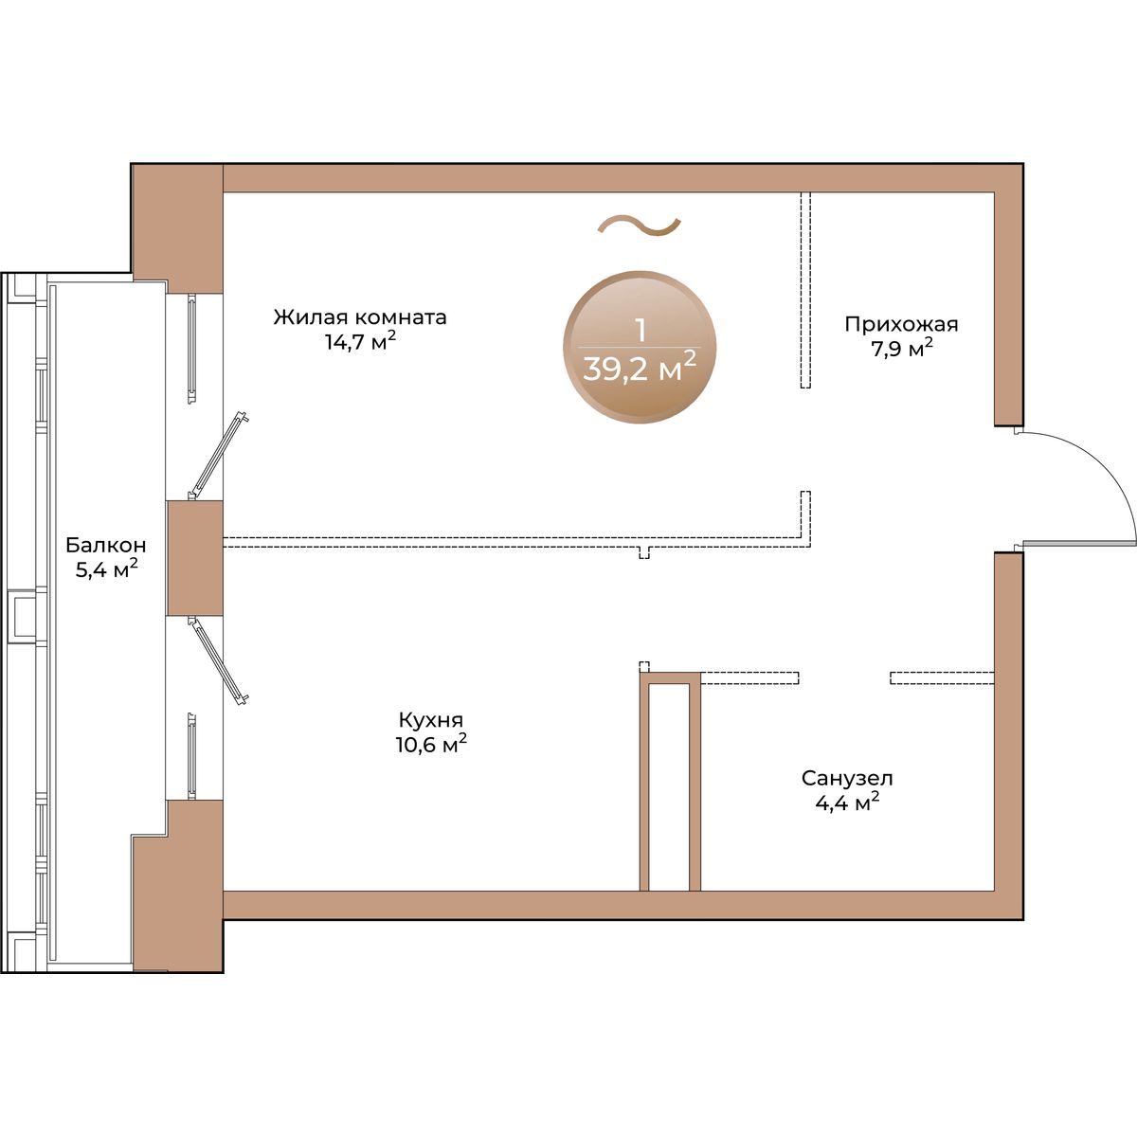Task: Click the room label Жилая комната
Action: click(x=360, y=317)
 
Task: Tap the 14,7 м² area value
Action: click(x=360, y=341)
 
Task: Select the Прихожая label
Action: click(x=902, y=325)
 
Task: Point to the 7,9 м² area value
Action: click(x=902, y=348)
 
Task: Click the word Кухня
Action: click(x=431, y=720)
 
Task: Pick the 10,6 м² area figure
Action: click(x=431, y=744)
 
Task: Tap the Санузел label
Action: click(x=847, y=779)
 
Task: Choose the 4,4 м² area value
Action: click(x=847, y=803)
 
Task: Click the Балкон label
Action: click(x=106, y=545)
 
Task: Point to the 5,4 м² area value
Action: click(x=107, y=569)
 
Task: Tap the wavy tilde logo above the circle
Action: click(x=640, y=226)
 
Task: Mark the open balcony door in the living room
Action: click(x=218, y=455)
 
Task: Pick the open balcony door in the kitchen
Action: click(x=218, y=660)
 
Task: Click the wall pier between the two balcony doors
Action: click(x=195, y=558)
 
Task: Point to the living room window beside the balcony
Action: click(x=191, y=350)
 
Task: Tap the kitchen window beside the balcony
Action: click(x=191, y=756)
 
